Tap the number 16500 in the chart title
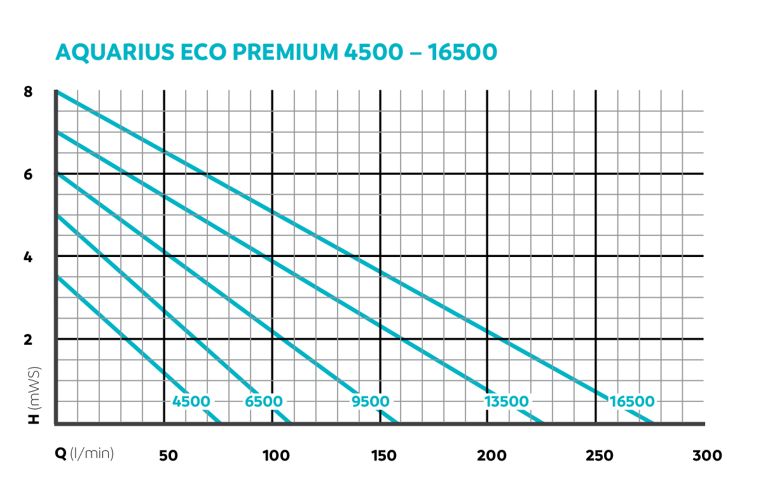pos(462,53)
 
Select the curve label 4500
pos(191,401)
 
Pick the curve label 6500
pos(264,401)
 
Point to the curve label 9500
pos(371,401)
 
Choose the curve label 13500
pos(506,401)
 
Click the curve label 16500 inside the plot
pos(631,401)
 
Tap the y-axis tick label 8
pos(28,92)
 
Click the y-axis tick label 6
pos(28,174)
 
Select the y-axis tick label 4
pos(28,257)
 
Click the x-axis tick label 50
pos(167,455)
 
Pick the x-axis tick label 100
pos(276,455)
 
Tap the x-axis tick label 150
pos(383,455)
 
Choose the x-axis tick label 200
pos(492,455)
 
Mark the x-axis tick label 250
pos(600,455)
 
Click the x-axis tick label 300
pos(708,455)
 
